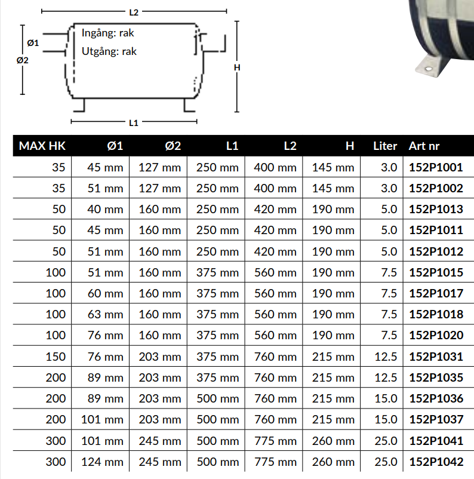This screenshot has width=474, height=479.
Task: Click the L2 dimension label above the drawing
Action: pos(134,12)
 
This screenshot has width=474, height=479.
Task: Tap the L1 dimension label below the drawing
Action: pos(134,123)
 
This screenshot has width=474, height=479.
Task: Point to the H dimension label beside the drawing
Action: pos(237,67)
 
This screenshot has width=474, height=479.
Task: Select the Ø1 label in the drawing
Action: pos(33,43)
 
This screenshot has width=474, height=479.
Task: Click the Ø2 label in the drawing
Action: pos(22,60)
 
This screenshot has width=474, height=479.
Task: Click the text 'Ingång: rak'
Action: pos(108,33)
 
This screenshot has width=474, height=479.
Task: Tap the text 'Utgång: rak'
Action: pos(109,51)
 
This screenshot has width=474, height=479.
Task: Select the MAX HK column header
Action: pos(42,146)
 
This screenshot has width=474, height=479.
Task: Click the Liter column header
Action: pos(385,146)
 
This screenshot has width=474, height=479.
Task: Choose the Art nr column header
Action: pos(424,146)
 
